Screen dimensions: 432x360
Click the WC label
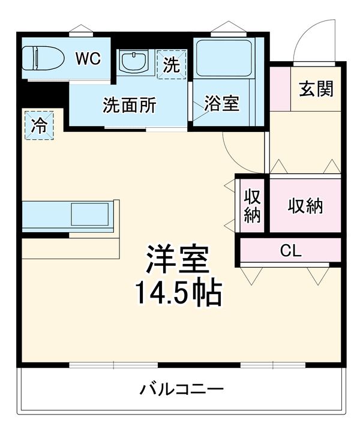point(88,58)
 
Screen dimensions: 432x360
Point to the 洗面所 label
point(129,106)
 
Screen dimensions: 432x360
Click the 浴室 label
point(221,104)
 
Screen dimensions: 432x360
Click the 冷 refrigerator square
point(39,125)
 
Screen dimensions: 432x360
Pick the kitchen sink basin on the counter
point(90,214)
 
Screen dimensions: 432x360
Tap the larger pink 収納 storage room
point(305,206)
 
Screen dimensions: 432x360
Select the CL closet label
point(291,251)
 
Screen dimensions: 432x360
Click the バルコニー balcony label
point(182,389)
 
